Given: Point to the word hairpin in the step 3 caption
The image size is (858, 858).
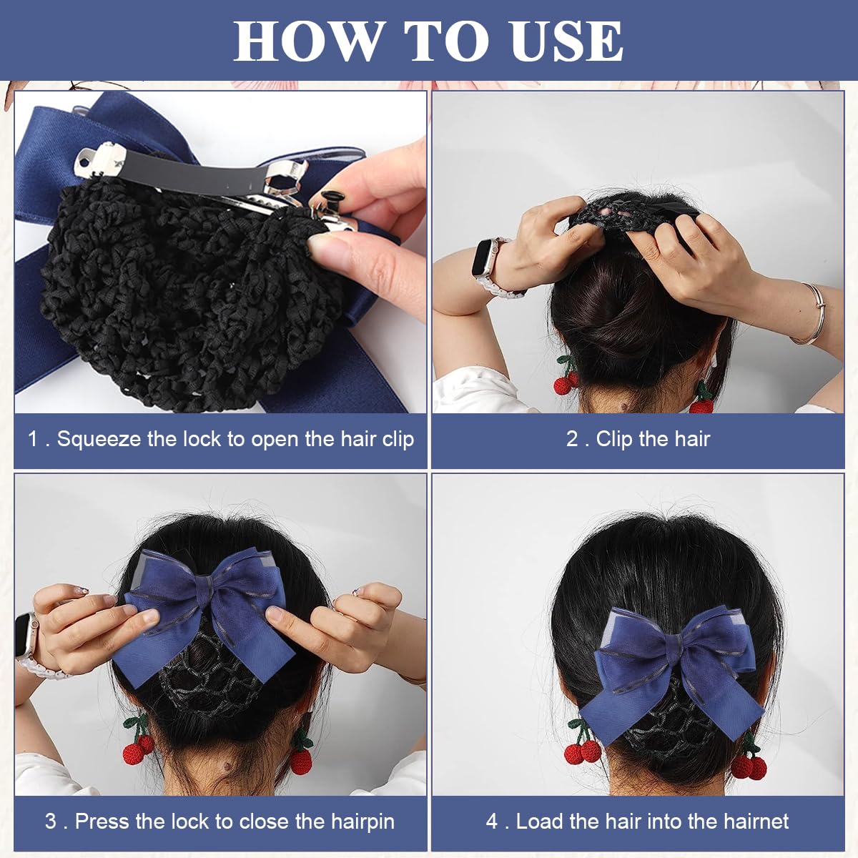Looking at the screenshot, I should [x=363, y=821].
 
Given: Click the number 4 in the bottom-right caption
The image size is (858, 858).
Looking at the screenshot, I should [x=492, y=821].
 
